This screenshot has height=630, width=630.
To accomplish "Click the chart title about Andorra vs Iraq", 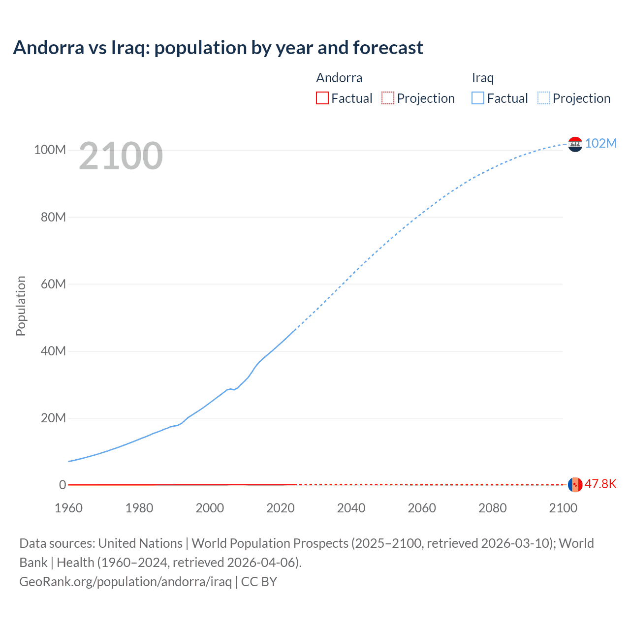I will pyautogui.click(x=218, y=48).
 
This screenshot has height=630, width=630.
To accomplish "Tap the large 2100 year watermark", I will pyautogui.click(x=121, y=156).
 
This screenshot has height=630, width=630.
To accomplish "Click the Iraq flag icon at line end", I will pyautogui.click(x=575, y=144).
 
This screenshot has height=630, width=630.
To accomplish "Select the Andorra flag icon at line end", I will pyautogui.click(x=575, y=484).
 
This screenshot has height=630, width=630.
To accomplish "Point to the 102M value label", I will pyautogui.click(x=600, y=143).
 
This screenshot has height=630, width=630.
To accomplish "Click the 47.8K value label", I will pyautogui.click(x=600, y=484).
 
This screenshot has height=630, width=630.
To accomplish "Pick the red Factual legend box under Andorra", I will pyautogui.click(x=322, y=98).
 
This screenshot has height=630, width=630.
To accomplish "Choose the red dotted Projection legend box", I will pyautogui.click(x=388, y=98).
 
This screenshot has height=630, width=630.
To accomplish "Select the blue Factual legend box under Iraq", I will pyautogui.click(x=477, y=98).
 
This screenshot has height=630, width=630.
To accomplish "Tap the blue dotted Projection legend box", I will pyautogui.click(x=543, y=98).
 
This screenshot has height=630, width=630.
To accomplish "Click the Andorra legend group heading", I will pyautogui.click(x=339, y=78).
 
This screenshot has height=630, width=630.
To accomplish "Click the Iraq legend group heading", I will pyautogui.click(x=482, y=78).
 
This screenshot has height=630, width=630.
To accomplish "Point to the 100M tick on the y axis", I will pyautogui.click(x=50, y=150).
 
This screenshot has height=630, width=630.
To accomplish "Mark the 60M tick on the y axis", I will pyautogui.click(x=53, y=284).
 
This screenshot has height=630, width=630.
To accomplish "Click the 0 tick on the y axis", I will pyautogui.click(x=63, y=485).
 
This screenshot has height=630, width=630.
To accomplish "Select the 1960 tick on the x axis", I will pyautogui.click(x=68, y=508).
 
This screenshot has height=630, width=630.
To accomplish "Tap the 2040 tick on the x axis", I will pyautogui.click(x=351, y=508).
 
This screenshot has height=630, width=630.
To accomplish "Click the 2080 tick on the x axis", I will pyautogui.click(x=492, y=508).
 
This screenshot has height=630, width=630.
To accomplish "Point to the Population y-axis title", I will pyautogui.click(x=21, y=306).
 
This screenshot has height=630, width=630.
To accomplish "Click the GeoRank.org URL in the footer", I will pyautogui.click(x=126, y=582).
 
